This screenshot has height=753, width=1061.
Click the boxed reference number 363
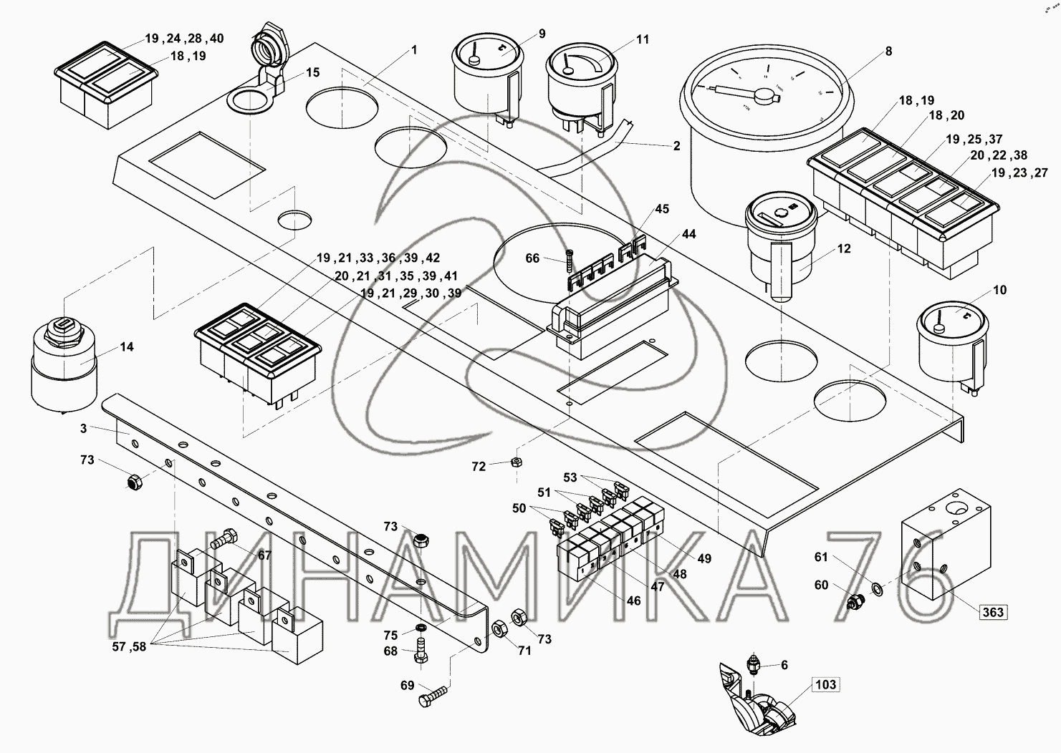993,612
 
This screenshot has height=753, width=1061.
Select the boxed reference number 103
825,685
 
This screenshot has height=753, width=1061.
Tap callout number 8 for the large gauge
888,52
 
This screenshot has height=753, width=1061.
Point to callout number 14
126,347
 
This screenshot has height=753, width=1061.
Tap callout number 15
312,73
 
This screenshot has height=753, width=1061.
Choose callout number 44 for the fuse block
688,234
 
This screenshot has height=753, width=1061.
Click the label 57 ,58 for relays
129,647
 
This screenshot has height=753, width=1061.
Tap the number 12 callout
844,249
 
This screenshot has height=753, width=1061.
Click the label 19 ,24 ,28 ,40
184,38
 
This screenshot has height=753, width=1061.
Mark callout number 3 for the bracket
83,428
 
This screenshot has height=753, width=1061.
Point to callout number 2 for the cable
676,146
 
